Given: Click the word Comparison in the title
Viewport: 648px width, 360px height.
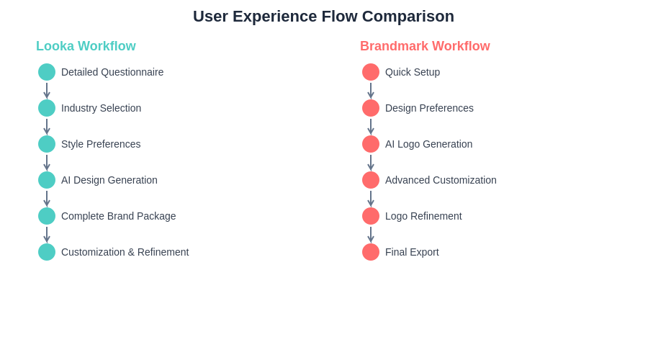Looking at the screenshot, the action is point(408,17).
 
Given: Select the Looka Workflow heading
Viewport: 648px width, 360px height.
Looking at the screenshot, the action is point(86,46).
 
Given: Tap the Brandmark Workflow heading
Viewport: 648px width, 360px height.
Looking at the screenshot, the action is point(425,46).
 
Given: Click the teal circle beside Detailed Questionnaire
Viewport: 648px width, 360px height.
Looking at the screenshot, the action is point(47,72).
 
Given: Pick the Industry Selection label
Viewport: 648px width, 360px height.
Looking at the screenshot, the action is point(102,108).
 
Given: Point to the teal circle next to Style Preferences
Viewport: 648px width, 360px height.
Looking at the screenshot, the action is point(47,144).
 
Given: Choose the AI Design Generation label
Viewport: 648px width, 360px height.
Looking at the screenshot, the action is point(109,180).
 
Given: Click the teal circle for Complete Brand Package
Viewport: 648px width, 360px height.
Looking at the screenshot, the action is point(47,216).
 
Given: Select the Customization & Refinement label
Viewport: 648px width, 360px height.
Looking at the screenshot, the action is point(125,252).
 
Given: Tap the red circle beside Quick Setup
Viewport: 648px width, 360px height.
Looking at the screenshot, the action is point(371,72).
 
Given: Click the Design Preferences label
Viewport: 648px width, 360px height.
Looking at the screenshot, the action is point(429,108).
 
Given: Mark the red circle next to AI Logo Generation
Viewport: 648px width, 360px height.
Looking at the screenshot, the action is point(371,144).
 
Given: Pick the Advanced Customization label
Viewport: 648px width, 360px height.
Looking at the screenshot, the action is point(441,180).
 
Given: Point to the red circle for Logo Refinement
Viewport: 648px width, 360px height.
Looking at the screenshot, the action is point(371,216).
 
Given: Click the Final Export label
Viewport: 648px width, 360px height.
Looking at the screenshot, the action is point(412,252).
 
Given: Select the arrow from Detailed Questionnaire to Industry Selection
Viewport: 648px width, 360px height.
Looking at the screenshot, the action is point(47,91).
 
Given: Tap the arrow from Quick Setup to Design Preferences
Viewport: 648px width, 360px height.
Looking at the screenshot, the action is point(371,91).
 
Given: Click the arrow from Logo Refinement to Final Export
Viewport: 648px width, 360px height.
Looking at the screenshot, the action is point(371,234).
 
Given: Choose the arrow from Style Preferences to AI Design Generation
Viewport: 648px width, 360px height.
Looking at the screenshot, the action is point(47,163).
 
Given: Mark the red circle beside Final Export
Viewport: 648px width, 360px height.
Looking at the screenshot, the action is point(371,252).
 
